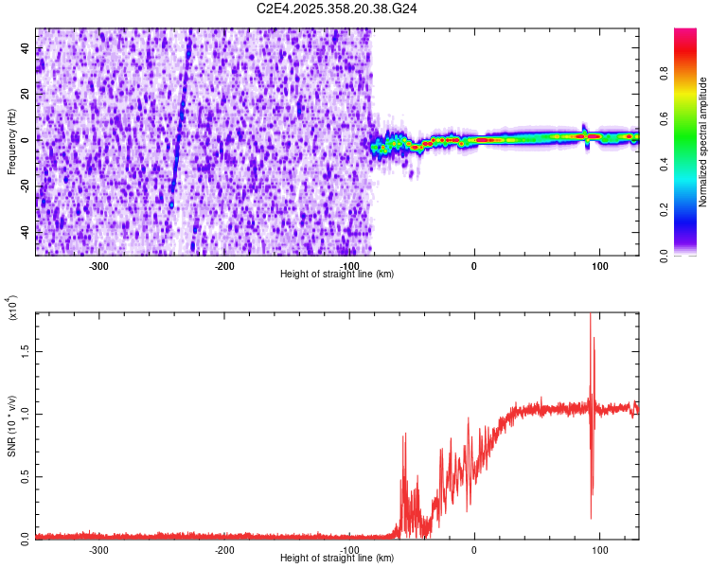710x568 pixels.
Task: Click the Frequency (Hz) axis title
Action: (11, 142)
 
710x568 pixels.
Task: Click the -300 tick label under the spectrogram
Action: (99, 265)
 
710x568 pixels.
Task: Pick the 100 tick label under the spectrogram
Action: (599, 265)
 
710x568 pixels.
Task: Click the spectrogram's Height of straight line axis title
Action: (337, 274)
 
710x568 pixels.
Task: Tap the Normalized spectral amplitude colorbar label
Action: (703, 142)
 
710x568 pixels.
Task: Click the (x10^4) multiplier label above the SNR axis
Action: (12, 309)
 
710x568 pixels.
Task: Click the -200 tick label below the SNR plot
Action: (224, 549)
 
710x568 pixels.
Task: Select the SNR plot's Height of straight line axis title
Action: (337, 559)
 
